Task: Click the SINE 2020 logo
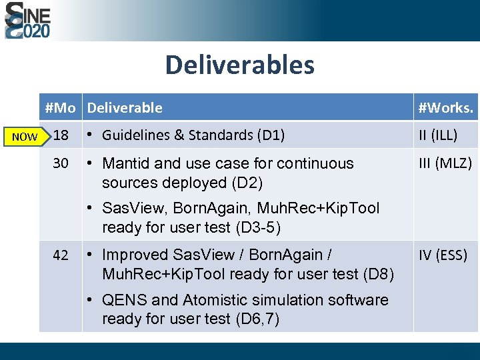tap(27, 20)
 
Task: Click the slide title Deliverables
tap(239, 65)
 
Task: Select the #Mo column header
tap(61, 107)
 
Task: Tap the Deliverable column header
tap(125, 107)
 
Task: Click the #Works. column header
tap(445, 107)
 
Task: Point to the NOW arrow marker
tap(27, 136)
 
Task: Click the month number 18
tap(61, 135)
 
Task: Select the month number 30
tap(61, 163)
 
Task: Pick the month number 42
tap(61, 255)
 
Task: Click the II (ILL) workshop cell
tap(438, 135)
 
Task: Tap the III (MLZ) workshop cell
tap(445, 163)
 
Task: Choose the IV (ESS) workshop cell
tap(443, 255)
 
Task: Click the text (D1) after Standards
tap(271, 135)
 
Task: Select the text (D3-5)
tap(258, 227)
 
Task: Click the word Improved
tap(134, 255)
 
